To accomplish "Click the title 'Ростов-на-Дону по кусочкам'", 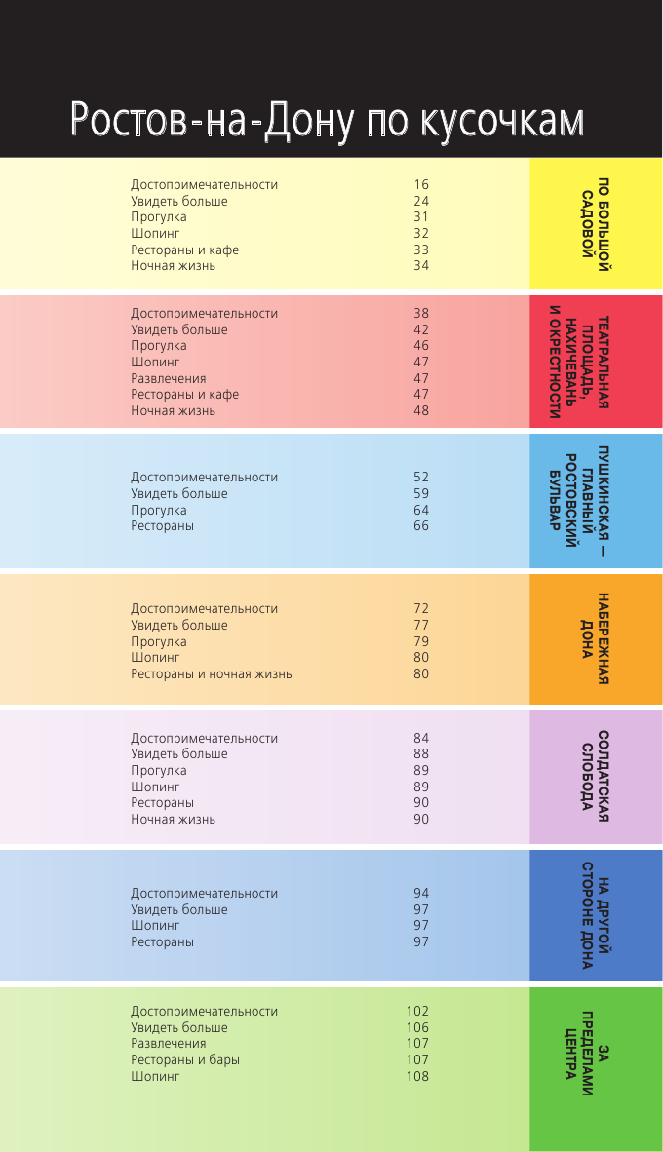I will (328, 120).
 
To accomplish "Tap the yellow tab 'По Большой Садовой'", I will (596, 225).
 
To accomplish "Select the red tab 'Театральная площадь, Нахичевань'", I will (595, 362).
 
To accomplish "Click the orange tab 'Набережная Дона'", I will (596, 639).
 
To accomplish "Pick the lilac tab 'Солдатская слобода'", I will (596, 777).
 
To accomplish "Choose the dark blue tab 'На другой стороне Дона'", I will (596, 916).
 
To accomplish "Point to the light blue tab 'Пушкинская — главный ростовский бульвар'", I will (596, 501).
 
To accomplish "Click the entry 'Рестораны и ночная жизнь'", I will (212, 674).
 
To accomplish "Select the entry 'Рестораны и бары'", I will (185, 1060).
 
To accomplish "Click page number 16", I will (421, 185).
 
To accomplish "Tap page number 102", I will (417, 1012).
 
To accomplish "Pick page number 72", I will (421, 609).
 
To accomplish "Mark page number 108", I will (417, 1077).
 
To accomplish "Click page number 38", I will (421, 314).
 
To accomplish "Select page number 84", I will (421, 738).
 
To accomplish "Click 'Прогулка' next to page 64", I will (159, 511).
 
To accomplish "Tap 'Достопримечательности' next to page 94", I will (205, 894).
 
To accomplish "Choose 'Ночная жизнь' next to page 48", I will (174, 411).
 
